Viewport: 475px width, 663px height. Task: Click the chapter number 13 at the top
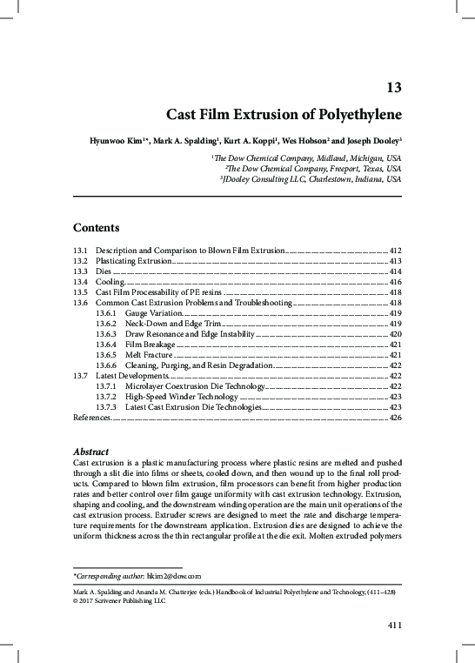[x=392, y=88]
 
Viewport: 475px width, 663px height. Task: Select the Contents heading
[x=97, y=228]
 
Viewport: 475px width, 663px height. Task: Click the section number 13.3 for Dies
[x=80, y=271]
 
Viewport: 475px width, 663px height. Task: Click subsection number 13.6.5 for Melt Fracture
[x=107, y=355]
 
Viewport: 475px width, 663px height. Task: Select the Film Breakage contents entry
[x=150, y=345]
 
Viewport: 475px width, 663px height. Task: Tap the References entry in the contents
[x=90, y=419]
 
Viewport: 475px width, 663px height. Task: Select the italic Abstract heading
[x=90, y=453]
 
